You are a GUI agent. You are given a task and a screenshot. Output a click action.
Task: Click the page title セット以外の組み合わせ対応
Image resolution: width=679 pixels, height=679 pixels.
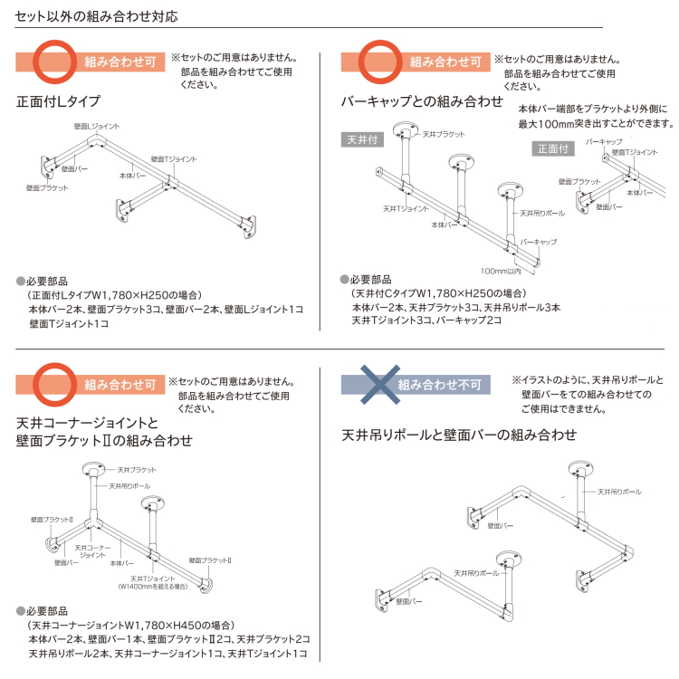pos(96,16)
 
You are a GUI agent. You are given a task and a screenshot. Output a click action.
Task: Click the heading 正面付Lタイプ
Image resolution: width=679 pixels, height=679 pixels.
pos(58,101)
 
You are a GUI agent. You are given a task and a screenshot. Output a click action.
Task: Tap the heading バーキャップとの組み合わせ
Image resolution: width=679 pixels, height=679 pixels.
pos(422,101)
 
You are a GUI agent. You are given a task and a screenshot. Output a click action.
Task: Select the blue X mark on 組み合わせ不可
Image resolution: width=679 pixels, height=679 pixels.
pos(380,385)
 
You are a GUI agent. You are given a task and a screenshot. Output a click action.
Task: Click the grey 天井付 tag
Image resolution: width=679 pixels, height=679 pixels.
pos(362,139)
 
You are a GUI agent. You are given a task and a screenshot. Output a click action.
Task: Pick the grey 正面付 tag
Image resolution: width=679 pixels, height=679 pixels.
pos(553,148)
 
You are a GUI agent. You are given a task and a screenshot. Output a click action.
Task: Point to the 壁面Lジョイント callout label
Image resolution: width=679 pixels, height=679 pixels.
pos(97,126)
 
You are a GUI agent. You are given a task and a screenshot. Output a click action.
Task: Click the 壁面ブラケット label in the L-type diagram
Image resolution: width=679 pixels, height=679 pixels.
pos(47,188)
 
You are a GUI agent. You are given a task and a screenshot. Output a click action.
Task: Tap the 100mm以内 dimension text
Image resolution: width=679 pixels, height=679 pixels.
pos(500,271)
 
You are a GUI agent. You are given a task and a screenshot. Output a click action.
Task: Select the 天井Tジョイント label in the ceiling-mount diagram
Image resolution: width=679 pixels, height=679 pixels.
pos(406,209)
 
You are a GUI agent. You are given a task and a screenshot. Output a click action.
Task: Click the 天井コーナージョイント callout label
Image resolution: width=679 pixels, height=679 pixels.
pos(92,551)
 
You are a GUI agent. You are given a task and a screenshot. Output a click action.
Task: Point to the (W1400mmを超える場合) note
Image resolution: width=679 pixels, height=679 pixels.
pos(153,587)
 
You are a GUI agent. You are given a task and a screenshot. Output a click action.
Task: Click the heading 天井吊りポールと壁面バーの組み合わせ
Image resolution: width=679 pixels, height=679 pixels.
pos(459,435)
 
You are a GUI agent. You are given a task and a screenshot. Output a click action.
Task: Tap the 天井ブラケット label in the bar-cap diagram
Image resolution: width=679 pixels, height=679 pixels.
pos(444,134)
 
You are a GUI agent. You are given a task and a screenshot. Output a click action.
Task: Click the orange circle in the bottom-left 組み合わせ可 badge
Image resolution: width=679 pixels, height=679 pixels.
pos(54,385)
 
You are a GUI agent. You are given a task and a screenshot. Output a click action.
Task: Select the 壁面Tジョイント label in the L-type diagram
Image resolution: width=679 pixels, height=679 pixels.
pos(174,159)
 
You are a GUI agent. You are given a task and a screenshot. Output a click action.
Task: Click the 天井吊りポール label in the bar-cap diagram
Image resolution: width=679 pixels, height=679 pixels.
pos(542,213)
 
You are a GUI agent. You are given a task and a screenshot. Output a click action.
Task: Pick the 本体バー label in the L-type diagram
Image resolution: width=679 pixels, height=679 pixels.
pos(132,176)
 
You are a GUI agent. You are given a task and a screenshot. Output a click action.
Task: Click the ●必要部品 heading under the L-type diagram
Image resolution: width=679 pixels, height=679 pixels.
pos(42,281)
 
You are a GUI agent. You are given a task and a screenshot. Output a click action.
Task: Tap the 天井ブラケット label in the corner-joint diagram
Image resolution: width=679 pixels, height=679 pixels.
pos(137,470)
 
